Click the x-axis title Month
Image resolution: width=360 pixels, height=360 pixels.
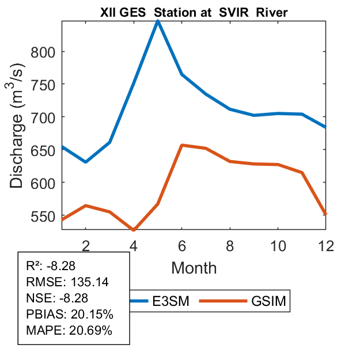pos(194,268)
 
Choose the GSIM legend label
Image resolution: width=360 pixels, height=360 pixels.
pos(268,301)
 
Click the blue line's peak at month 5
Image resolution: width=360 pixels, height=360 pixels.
pos(158,21)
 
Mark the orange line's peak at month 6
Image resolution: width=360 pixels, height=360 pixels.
pos(182,145)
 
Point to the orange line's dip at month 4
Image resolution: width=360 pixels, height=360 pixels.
pos(134,230)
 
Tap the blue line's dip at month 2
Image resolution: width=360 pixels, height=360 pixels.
pos(86,162)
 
